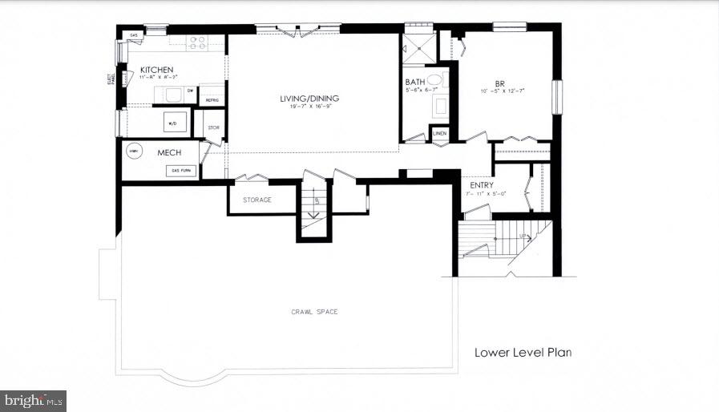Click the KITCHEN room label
(157, 70)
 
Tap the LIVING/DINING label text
(309, 99)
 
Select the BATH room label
(414, 82)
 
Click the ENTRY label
(482, 185)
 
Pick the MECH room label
(169, 152)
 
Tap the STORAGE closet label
(257, 200)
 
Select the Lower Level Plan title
(523, 352)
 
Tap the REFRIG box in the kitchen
(212, 99)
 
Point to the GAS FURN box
(180, 170)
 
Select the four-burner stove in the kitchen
(196, 41)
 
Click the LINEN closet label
(439, 132)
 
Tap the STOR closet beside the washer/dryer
(213, 127)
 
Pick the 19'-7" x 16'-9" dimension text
(309, 108)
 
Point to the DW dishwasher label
(190, 91)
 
